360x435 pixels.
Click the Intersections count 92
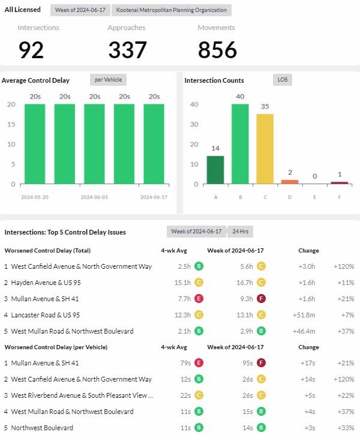coord(31,50)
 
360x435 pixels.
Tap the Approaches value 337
coord(128,50)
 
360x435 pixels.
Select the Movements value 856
coord(218,50)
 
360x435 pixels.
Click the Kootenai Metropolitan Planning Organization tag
coord(172,10)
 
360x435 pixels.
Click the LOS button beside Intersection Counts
coord(282,80)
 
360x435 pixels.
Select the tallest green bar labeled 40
coord(240,144)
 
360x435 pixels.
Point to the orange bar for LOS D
coord(290,182)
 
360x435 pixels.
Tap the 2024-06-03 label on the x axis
coord(94,197)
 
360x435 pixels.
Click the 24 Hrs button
coord(241,232)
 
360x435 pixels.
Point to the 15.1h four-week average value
coord(182,282)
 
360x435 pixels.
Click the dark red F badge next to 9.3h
coord(261,298)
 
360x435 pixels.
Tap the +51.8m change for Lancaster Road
coord(306,314)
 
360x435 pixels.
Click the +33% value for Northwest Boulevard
coord(346,428)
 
